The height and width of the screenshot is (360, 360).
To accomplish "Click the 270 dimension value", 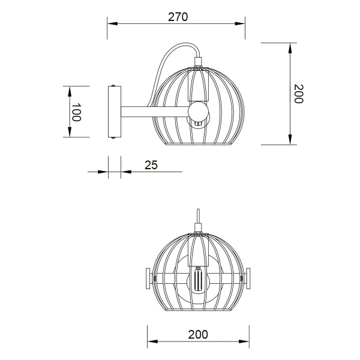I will coord(178,17).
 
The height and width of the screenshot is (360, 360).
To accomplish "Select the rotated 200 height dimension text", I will coord(298,94).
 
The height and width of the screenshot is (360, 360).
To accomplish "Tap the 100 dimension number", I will coord(76,112).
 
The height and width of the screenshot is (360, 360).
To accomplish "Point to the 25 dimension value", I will coord(151,164).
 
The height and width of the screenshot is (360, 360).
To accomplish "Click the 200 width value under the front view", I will coord(198,334).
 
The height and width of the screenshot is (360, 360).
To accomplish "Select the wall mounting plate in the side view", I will coord(114,112).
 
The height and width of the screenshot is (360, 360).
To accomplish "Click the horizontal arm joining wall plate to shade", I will coord(153,111).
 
